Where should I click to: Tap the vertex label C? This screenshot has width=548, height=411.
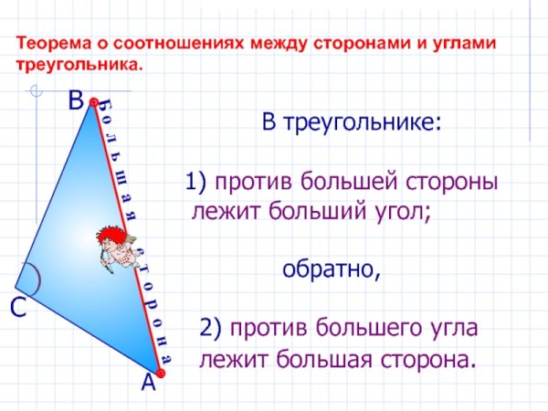(17, 309)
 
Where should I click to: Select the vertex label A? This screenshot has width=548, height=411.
(148, 385)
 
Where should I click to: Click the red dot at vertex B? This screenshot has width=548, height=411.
(92, 106)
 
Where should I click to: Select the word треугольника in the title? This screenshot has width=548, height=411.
(77, 67)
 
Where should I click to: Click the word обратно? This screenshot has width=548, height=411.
(330, 269)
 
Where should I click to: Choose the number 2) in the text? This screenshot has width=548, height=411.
(211, 327)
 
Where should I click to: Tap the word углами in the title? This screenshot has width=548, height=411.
(470, 43)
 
